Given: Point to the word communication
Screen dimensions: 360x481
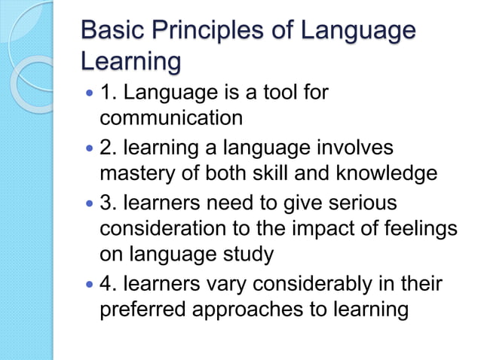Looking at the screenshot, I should pos(171,118).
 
